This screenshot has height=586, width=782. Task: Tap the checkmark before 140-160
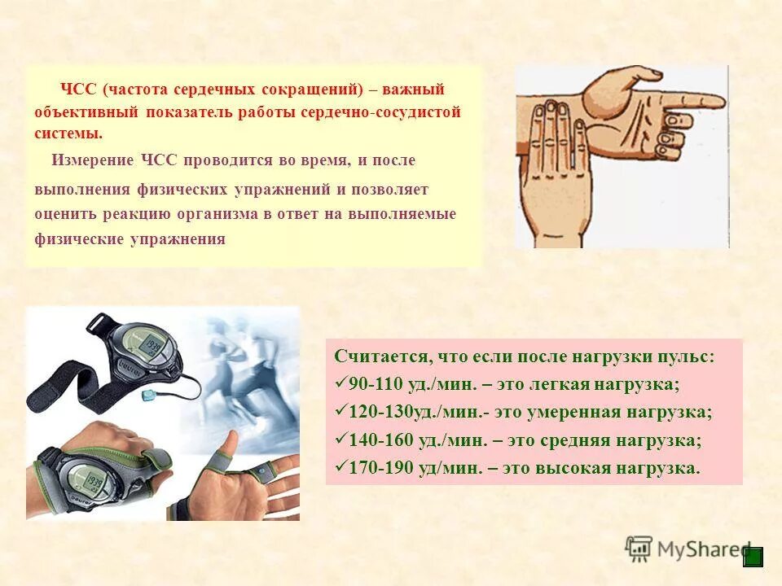[340, 439]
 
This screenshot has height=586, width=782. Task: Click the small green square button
[753, 557]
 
